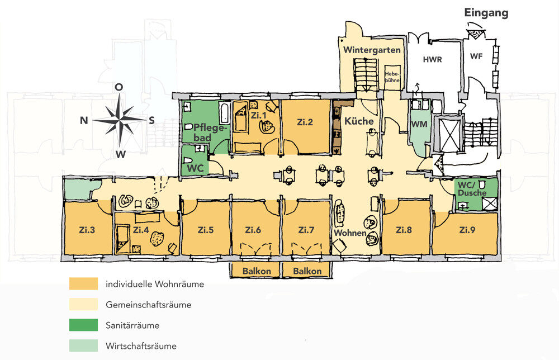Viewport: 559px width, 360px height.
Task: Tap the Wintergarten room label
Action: pyautogui.click(x=372, y=50)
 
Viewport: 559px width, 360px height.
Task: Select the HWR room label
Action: pyautogui.click(x=432, y=59)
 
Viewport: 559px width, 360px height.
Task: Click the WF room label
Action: pyautogui.click(x=476, y=56)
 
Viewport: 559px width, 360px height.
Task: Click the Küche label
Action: pyautogui.click(x=358, y=121)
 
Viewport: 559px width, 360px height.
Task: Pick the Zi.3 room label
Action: pyautogui.click(x=87, y=230)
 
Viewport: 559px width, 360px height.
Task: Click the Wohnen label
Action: pyautogui.click(x=350, y=232)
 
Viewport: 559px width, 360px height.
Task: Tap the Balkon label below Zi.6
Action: pyautogui.click(x=257, y=271)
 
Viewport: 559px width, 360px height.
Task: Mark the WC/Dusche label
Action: pyautogui.click(x=470, y=188)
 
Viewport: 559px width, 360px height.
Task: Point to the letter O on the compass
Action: pyautogui.click(x=119, y=87)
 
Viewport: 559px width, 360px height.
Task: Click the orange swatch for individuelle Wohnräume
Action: pyautogui.click(x=83, y=284)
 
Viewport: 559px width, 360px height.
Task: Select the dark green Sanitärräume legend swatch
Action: pyautogui.click(x=83, y=325)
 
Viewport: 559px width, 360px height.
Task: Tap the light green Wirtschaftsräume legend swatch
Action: pyautogui.click(x=83, y=346)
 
